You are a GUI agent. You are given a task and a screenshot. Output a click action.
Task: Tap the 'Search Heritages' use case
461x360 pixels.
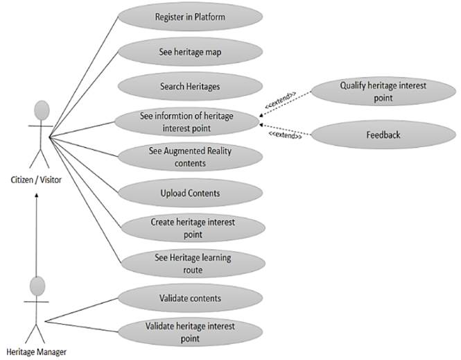[190, 87]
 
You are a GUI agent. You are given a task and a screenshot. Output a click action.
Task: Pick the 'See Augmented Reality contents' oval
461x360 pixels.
[190, 157]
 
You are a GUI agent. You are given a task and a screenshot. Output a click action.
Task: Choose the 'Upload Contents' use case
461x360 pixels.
[190, 192]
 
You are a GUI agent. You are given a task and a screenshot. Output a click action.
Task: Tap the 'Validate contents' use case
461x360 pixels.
[190, 299]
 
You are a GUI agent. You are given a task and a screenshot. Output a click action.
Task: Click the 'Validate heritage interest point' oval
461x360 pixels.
[190, 332]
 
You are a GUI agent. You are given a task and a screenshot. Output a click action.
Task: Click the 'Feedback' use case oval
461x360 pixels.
[383, 135]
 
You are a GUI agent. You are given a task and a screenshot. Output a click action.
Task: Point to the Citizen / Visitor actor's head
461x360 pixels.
[42, 110]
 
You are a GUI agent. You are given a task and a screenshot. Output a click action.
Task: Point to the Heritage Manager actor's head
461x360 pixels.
[38, 286]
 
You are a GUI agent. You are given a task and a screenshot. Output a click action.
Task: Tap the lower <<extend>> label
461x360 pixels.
[285, 137]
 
